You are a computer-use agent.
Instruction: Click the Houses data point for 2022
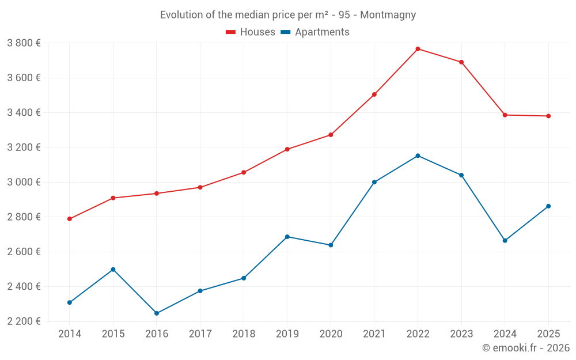(x=418, y=49)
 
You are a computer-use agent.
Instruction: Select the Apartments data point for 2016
(x=157, y=313)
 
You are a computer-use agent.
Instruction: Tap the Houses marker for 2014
(x=70, y=219)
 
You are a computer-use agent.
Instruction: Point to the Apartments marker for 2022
(x=418, y=156)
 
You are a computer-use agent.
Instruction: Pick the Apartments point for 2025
(x=548, y=206)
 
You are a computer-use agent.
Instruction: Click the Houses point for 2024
(x=505, y=115)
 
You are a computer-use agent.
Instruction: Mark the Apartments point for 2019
(x=287, y=237)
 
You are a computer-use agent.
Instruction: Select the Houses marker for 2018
(x=244, y=172)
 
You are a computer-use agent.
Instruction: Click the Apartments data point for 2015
(x=113, y=270)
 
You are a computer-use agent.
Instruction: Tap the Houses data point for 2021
(x=374, y=94)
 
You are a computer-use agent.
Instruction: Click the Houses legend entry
(x=251, y=32)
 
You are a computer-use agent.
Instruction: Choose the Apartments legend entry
(x=315, y=32)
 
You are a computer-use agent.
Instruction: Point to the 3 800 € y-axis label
(x=24, y=43)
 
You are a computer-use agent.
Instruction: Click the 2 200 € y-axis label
(x=24, y=321)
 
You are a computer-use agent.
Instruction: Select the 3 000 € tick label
(x=24, y=182)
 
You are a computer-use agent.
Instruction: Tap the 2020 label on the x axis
(x=331, y=334)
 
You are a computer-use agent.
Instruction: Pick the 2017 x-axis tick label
(x=200, y=334)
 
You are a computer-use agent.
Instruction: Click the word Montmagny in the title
(x=388, y=15)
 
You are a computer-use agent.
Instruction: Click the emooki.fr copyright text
(x=526, y=348)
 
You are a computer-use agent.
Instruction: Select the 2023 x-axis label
(x=461, y=334)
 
